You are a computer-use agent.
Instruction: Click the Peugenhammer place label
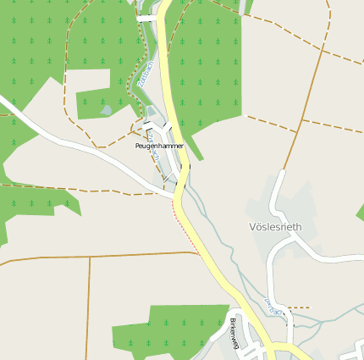pyautogui.click(x=159, y=147)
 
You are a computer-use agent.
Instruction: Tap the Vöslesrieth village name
pyautogui.click(x=276, y=227)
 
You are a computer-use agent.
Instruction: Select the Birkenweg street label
pyautogui.click(x=234, y=334)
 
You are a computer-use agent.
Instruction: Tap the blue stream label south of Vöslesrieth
pyautogui.click(x=271, y=305)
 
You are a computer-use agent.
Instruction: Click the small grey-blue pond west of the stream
pyautogui.click(x=105, y=109)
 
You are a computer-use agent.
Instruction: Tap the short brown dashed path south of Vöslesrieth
pyautogui.click(x=297, y=307)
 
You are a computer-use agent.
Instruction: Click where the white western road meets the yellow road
pyautogui.click(x=175, y=196)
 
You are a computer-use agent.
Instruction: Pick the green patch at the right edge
pyautogui.click(x=361, y=211)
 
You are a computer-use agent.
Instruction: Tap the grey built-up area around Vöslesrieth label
pyautogui.click(x=288, y=212)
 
